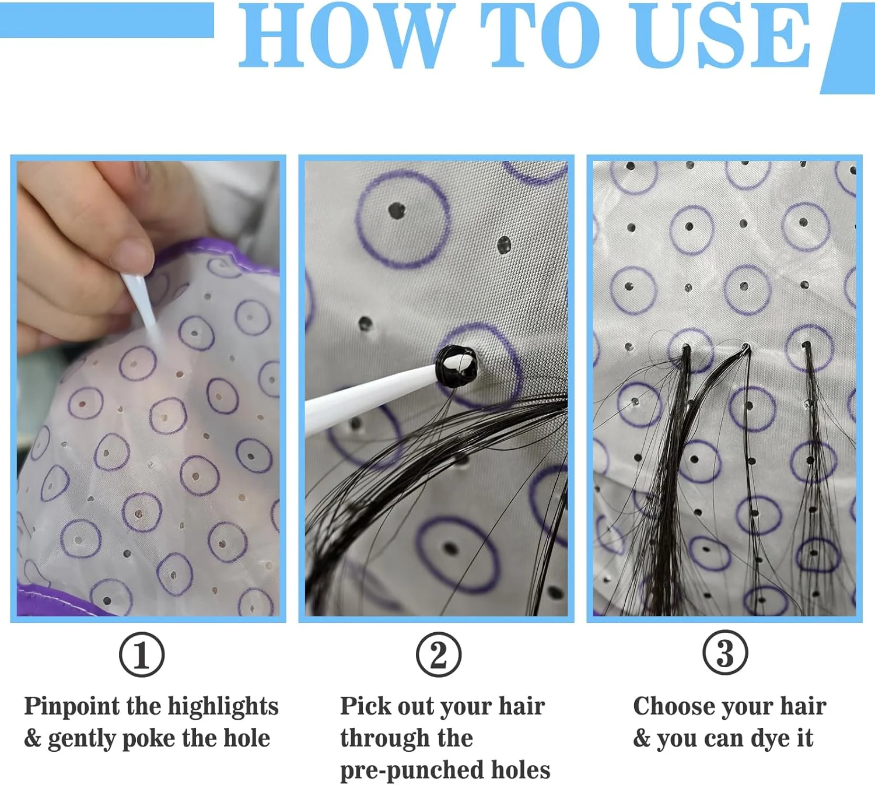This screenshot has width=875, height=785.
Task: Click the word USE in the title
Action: pyautogui.click(x=722, y=36)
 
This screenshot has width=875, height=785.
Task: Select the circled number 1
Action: pyautogui.click(x=142, y=654)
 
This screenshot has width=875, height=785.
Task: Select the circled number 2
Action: pyautogui.click(x=438, y=654)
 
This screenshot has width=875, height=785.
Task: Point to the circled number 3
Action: pyautogui.click(x=725, y=653)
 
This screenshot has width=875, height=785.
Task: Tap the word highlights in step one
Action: pyautogui.click(x=223, y=707)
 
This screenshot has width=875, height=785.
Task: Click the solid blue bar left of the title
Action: pyautogui.click(x=107, y=20)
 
